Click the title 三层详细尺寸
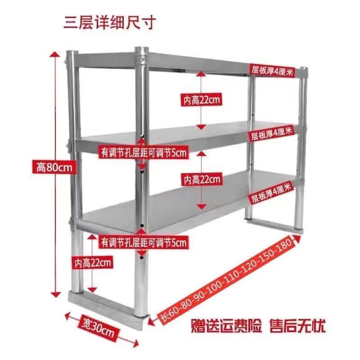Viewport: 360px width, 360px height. [110, 22]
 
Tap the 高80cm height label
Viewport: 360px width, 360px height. [54, 167]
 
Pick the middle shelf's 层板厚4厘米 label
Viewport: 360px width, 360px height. [271, 134]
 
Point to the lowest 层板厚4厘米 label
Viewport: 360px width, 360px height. [271, 192]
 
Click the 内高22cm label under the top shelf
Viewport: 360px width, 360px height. [202, 99]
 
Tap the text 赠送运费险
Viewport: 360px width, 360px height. [226, 325]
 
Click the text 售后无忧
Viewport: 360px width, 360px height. [297, 325]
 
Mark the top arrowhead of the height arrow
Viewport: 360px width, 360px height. [54, 54]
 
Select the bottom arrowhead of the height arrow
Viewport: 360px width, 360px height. [56, 295]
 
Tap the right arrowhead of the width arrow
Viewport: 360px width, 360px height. [136, 343]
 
